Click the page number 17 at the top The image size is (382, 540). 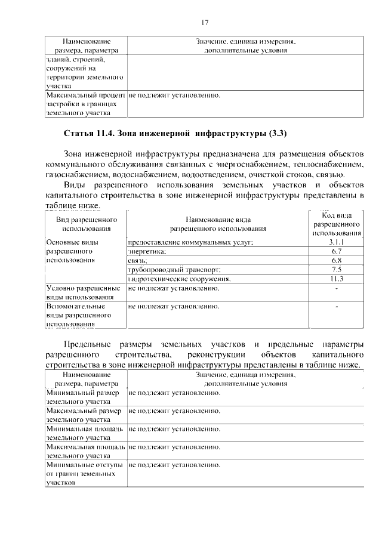pyautogui.click(x=204, y=23)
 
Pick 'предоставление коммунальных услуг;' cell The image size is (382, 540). pyautogui.click(x=191, y=242)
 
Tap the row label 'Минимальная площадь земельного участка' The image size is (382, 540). pyautogui.click(x=84, y=433)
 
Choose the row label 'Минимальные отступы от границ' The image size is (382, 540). pyautogui.click(x=84, y=474)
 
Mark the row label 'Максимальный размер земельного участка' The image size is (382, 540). pyautogui.click(x=84, y=415)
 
